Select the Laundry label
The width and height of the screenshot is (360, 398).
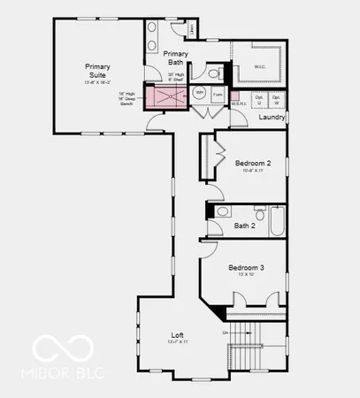272,117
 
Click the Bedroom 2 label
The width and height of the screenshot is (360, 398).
253,164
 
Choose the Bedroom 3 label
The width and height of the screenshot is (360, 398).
245,267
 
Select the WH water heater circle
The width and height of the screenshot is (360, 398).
199,92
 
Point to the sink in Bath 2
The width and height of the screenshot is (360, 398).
222,211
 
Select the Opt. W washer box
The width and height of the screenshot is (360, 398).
277,98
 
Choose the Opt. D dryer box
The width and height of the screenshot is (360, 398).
259,98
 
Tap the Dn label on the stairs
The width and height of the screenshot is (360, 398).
226,332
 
